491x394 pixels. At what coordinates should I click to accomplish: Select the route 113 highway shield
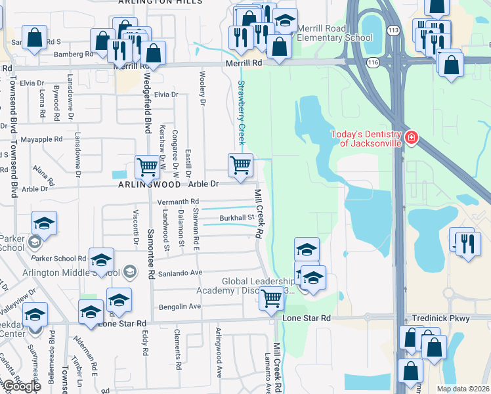click(393, 31)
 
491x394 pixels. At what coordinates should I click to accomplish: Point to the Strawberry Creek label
click(241, 113)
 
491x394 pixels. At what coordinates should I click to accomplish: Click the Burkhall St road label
click(236, 217)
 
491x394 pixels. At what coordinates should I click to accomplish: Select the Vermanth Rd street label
click(178, 202)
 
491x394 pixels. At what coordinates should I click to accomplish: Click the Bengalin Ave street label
click(180, 307)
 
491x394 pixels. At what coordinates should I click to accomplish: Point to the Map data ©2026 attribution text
click(463, 389)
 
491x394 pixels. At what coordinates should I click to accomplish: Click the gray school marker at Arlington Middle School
click(130, 272)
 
